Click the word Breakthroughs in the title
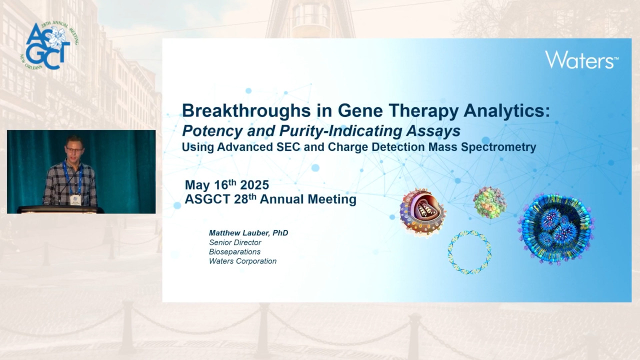[246, 110]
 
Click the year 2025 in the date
[254, 185]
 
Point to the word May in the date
[197, 185]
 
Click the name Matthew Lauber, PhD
[248, 233]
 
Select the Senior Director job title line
[235, 242]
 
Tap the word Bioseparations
[234, 251]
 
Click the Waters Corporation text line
[242, 261]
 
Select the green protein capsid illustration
[489, 202]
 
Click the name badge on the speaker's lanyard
[75, 199]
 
